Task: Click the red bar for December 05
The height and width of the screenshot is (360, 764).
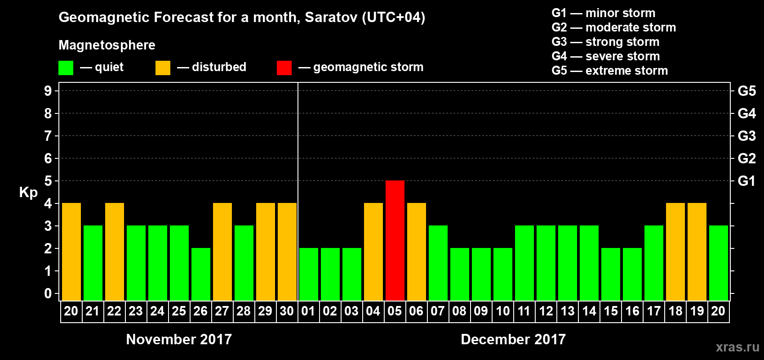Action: [x=395, y=240]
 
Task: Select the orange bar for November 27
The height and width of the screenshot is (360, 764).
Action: [x=222, y=252]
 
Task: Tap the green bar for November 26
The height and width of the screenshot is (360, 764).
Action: [x=201, y=274]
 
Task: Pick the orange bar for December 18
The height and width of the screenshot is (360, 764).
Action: [x=675, y=252]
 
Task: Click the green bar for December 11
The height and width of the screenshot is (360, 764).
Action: [x=524, y=263]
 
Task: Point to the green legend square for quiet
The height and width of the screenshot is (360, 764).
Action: [x=66, y=68]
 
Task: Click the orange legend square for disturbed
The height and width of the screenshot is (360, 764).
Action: [x=163, y=68]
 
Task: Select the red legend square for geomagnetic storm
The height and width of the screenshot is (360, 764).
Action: [x=284, y=68]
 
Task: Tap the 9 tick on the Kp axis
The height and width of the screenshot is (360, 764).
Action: [x=48, y=91]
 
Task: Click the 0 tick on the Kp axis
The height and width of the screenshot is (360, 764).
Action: [x=48, y=294]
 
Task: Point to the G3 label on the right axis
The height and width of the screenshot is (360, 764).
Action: [x=746, y=136]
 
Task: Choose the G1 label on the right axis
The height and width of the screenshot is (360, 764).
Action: [x=746, y=181]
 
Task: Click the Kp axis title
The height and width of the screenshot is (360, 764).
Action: [x=28, y=193]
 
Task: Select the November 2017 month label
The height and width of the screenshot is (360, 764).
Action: [x=179, y=339]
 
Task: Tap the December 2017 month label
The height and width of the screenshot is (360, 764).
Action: [x=513, y=339]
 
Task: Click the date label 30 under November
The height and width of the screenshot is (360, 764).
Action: [x=287, y=311]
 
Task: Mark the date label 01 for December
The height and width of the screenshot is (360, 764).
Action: [x=308, y=311]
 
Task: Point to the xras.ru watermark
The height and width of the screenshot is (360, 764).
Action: [x=737, y=347]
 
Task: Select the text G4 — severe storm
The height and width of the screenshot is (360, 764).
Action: [x=606, y=56]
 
